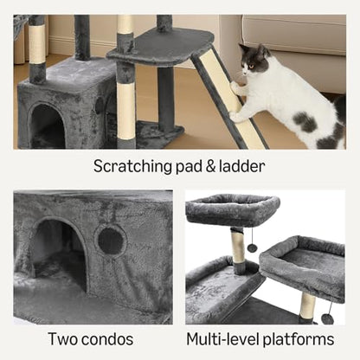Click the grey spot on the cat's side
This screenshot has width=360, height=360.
(x=305, y=122)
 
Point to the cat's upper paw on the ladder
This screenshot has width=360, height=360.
(x=236, y=88)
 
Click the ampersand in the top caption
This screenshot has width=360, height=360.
(x=210, y=167)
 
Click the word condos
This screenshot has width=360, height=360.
(x=107, y=339)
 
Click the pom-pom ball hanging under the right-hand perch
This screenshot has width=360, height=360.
(x=326, y=318)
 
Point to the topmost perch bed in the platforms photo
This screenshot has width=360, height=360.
(x=233, y=209)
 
